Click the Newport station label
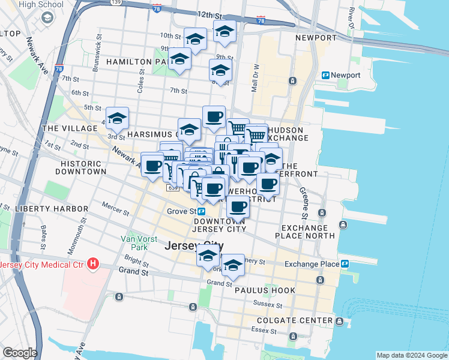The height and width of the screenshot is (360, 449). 348,75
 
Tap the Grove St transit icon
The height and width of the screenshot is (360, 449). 202,211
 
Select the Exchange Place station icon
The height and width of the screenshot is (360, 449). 345,263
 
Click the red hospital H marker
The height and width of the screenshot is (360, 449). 92,263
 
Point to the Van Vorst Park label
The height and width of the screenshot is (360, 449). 134,242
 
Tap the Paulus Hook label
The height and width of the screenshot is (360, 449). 265,290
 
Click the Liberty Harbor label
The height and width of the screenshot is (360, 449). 44,209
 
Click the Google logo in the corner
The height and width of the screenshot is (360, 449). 19,353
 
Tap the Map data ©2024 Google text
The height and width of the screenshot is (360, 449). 411,355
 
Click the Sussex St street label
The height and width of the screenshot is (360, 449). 263,304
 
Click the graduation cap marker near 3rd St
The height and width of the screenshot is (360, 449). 117,118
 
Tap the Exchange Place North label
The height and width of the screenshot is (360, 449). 308,232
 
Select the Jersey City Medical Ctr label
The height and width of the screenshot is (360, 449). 41,265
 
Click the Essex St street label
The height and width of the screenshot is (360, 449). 264,329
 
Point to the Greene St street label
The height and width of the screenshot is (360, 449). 304,203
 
